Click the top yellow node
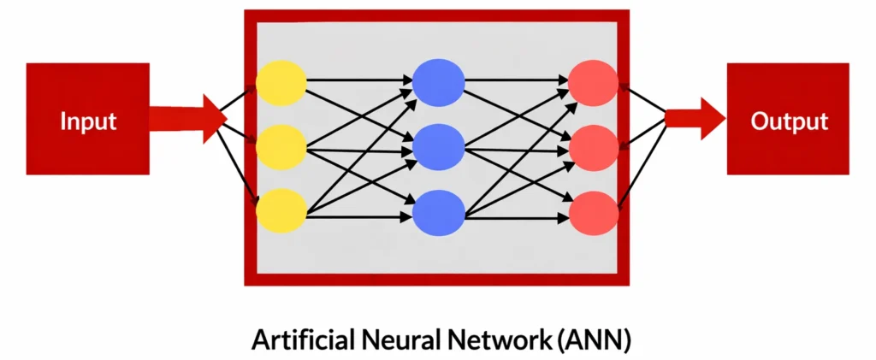(281, 82)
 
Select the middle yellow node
(281, 146)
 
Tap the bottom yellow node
(281, 210)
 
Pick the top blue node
(438, 82)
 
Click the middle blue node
(438, 146)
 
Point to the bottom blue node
(438, 210)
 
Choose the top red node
(594, 82)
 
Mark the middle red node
(594, 146)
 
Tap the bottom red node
(594, 210)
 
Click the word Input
(88, 121)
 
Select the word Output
(789, 121)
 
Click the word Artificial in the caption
(297, 339)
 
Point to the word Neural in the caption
(405, 339)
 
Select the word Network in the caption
(506, 339)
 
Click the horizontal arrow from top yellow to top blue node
(359, 80)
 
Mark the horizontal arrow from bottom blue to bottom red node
(517, 219)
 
